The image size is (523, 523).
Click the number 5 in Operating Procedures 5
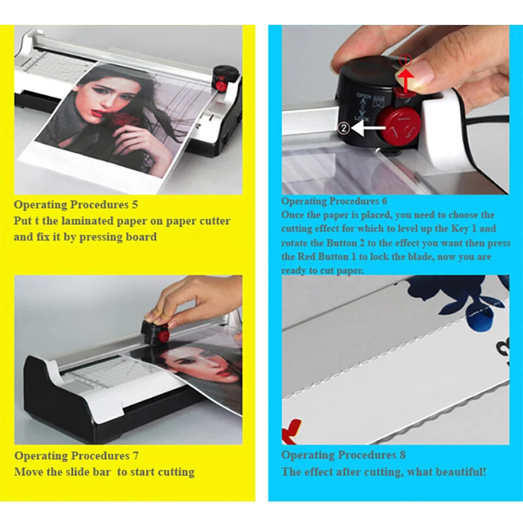(135, 205)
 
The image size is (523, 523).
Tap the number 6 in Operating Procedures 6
(384, 201)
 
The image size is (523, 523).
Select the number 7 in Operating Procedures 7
(135, 456)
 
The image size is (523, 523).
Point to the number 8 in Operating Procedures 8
(403, 455)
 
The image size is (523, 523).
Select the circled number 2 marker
(344, 128)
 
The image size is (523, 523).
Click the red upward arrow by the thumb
(406, 78)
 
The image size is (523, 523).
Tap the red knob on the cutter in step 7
(164, 336)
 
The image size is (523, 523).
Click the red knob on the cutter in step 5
(221, 86)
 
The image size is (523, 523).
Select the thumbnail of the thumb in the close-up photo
(417, 73)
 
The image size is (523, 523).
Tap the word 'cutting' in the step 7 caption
(176, 472)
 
